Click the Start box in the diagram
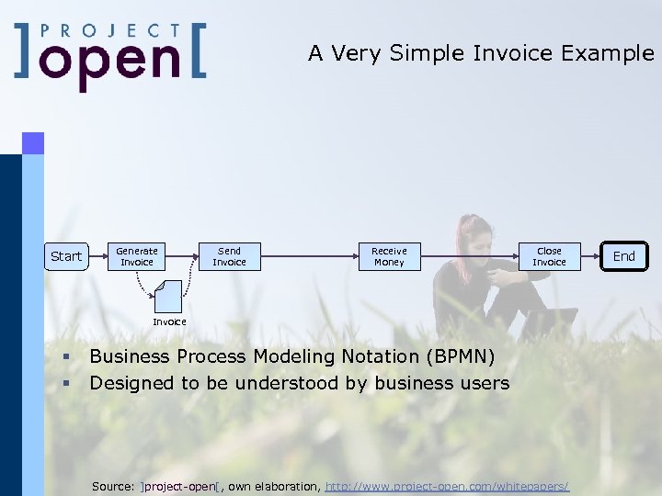click(65, 256)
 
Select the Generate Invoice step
click(137, 256)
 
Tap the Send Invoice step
click(230, 256)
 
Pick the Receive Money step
click(389, 256)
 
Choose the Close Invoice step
click(549, 256)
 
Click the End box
click(624, 256)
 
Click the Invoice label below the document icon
click(169, 321)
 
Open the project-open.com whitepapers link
click(447, 485)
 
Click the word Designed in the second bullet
click(129, 383)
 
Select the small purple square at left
click(33, 142)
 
